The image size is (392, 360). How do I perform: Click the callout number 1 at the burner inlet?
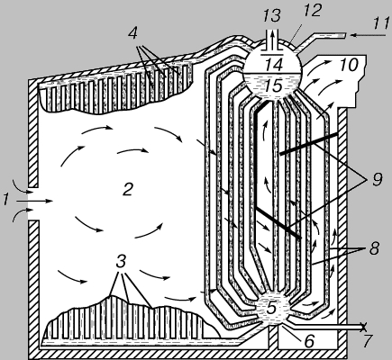5,200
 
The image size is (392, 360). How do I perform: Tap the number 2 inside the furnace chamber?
128,190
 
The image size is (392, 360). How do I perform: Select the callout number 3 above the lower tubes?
121,262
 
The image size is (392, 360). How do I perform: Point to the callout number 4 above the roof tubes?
132,33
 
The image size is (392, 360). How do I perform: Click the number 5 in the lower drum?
271,308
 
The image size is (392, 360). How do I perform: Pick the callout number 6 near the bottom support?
310,341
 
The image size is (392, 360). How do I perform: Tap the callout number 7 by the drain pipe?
369,341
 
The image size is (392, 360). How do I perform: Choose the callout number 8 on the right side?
374,248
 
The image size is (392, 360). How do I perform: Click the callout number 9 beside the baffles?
377,180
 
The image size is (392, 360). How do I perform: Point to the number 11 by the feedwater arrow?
381,24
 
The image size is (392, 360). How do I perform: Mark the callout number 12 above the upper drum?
313,11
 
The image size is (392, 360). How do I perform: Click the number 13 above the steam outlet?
271,15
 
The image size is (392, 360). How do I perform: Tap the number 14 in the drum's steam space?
274,64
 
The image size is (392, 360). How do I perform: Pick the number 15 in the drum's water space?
274,85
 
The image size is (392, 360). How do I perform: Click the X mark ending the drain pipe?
364,327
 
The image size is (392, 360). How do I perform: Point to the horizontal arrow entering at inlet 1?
35,201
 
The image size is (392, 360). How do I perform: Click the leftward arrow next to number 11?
369,35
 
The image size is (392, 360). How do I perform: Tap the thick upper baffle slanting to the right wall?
308,144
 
